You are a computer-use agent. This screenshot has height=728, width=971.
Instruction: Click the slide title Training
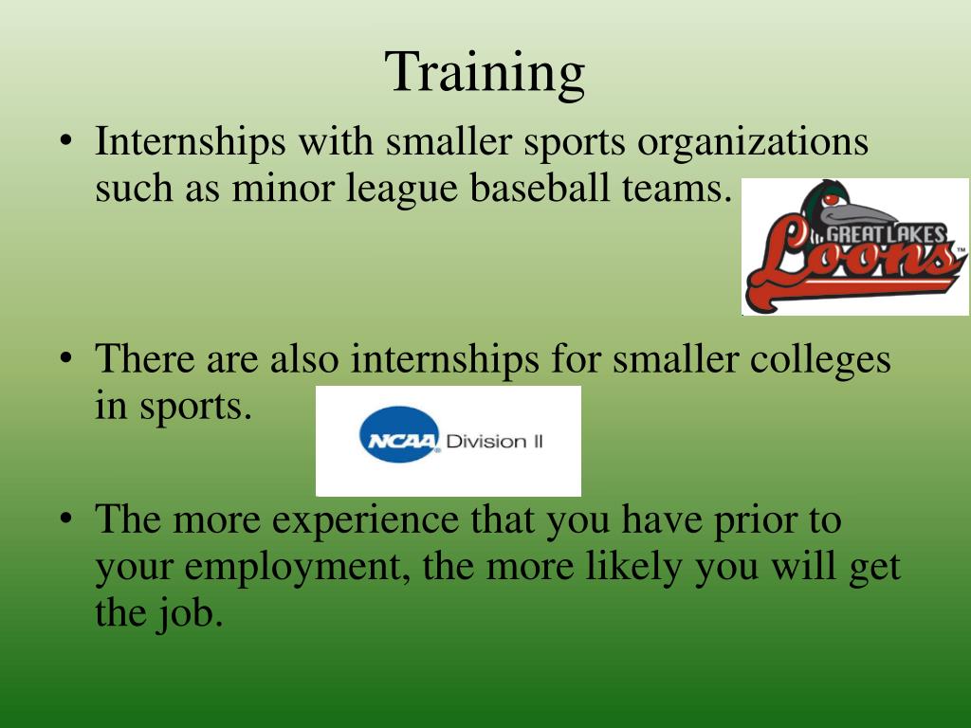485,73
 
